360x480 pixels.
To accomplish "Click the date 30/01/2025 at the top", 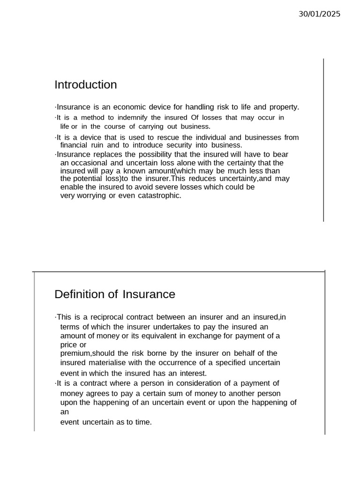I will coord(320,14).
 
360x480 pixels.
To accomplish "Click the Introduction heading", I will coord(86,85).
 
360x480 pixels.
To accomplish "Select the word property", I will coord(284,107).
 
